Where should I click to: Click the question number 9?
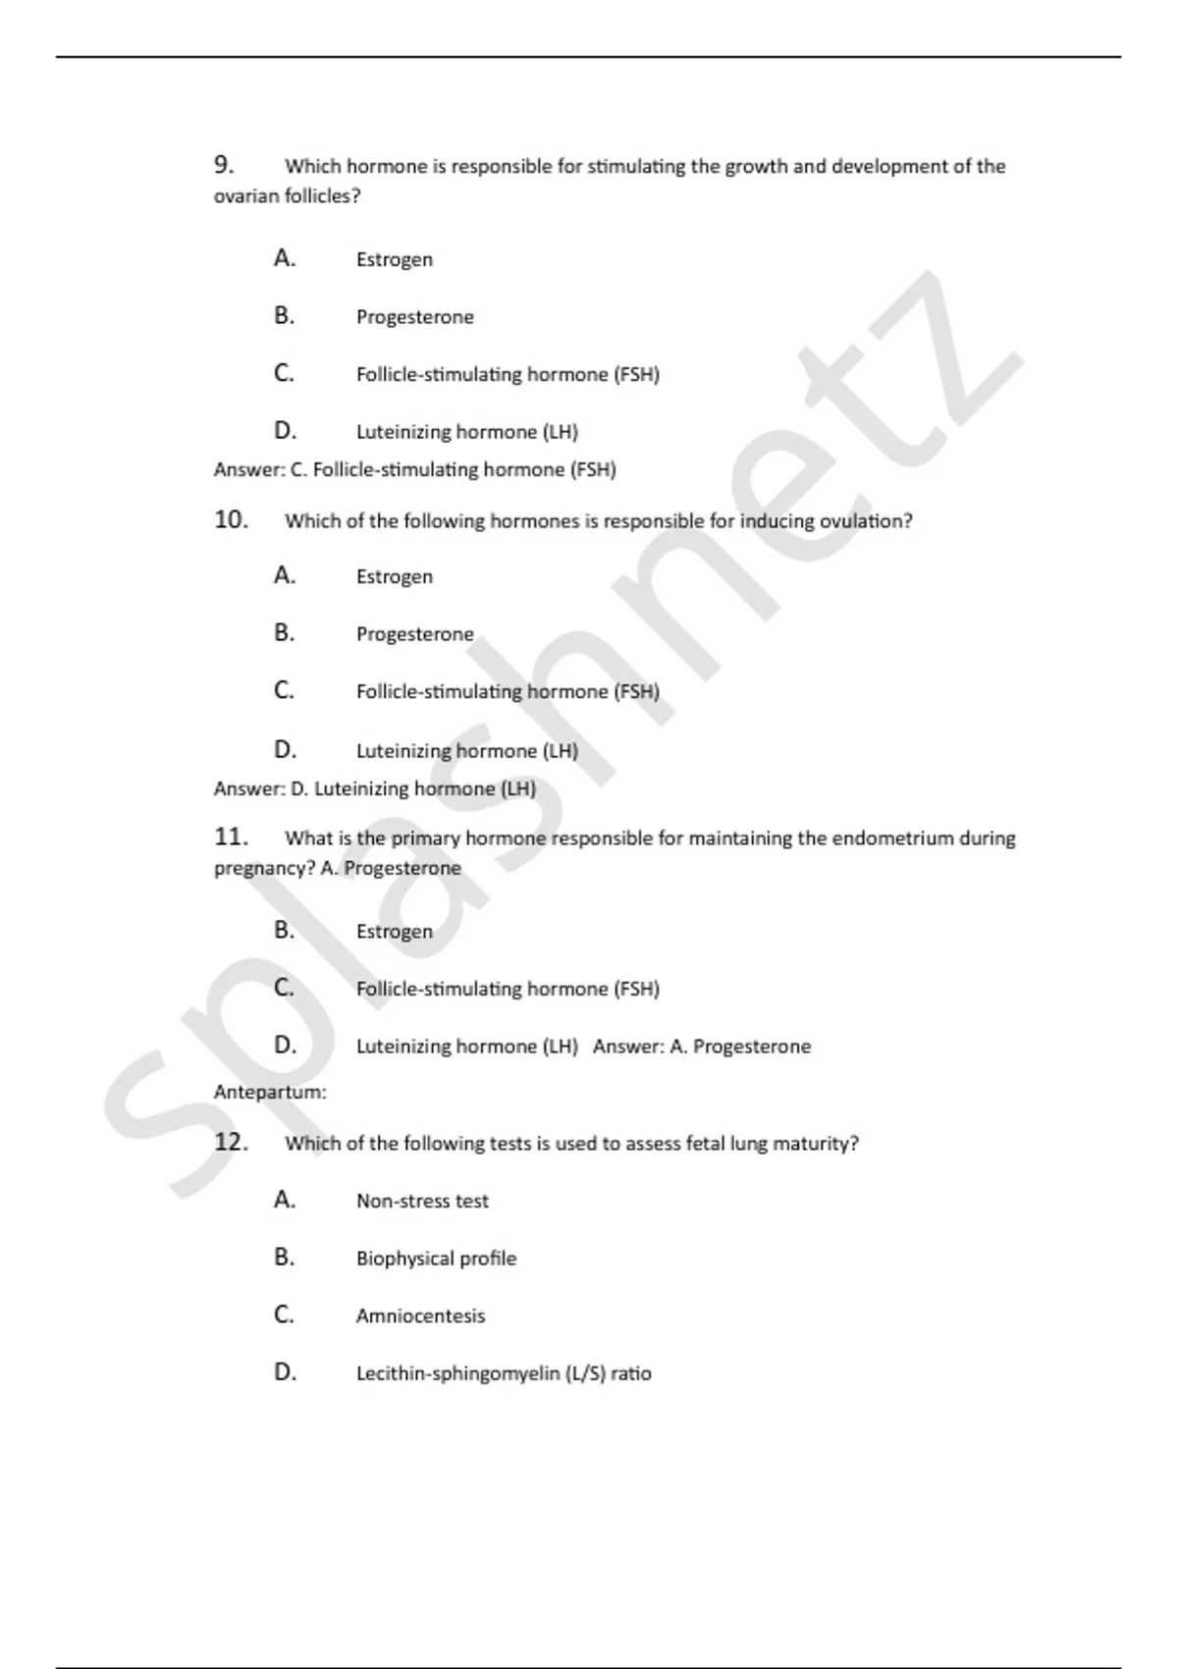click(224, 164)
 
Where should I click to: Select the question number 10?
click(231, 519)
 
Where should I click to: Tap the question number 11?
click(231, 836)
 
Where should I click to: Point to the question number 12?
click(231, 1142)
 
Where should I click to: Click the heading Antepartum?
click(270, 1092)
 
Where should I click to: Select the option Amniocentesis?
click(420, 1316)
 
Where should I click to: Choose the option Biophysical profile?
click(436, 1258)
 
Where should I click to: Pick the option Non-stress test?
click(422, 1201)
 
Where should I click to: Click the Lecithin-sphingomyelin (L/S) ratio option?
click(504, 1373)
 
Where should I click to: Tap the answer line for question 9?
click(414, 470)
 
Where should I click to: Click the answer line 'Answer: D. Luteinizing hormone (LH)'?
click(375, 788)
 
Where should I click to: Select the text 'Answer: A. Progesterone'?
click(702, 1047)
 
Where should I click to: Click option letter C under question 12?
click(284, 1315)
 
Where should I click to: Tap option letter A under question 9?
click(284, 258)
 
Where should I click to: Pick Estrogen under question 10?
click(394, 576)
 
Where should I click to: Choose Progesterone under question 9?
click(414, 317)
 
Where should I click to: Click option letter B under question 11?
click(284, 930)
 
